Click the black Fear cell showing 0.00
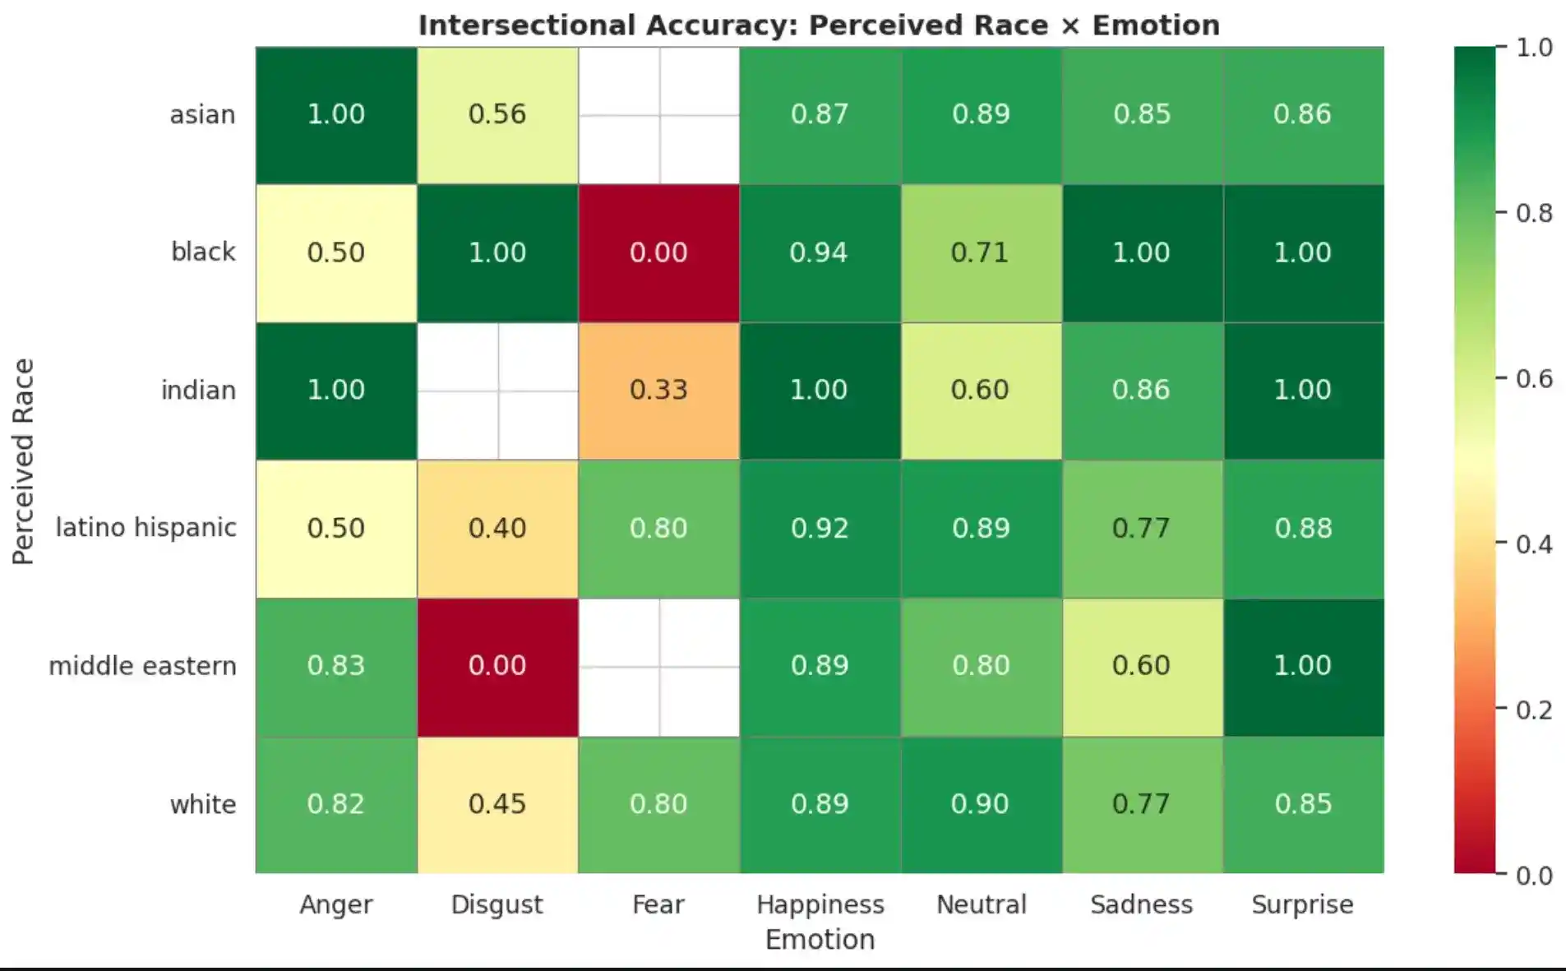[658, 252]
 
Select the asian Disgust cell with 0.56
[497, 114]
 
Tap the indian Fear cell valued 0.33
[658, 390]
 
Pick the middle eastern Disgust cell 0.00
[497, 666]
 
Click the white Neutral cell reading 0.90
[981, 804]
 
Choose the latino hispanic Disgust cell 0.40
[497, 528]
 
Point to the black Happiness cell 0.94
[820, 252]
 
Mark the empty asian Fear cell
[658, 114]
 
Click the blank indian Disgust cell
[497, 390]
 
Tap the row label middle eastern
[142, 666]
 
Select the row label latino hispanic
[146, 528]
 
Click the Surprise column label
[1302, 904]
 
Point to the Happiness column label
[820, 904]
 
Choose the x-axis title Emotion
[820, 939]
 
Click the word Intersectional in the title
[526, 25]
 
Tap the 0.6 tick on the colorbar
[1534, 379]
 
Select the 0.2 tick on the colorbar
[1534, 710]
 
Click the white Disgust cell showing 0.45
[497, 804]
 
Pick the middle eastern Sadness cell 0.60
[1142, 666]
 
